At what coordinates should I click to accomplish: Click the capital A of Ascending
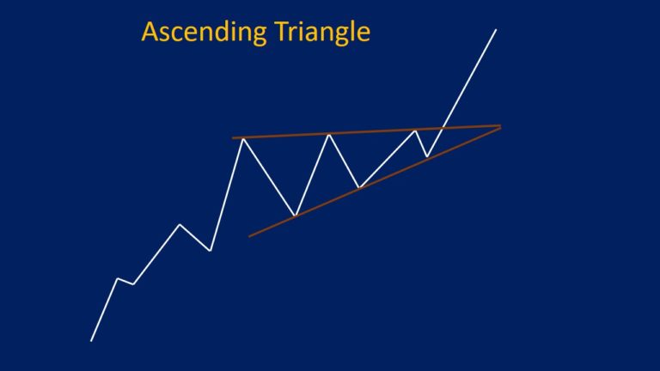(x=150, y=32)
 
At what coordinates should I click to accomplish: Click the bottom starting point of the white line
(x=91, y=341)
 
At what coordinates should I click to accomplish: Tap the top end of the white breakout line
(x=496, y=30)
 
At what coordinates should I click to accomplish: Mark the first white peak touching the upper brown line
(x=243, y=137)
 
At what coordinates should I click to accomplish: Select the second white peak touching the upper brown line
(x=328, y=134)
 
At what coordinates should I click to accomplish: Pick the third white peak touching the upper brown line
(x=416, y=131)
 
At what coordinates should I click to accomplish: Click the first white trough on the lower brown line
(x=295, y=216)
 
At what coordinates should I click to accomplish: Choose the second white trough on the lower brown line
(x=360, y=187)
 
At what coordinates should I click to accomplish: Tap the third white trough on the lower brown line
(x=427, y=157)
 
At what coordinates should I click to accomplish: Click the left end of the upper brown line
(x=233, y=137)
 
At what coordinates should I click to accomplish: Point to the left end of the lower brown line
(x=249, y=235)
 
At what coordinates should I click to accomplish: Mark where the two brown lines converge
(x=500, y=127)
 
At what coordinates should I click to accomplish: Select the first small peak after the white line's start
(x=117, y=278)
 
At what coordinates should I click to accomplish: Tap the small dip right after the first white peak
(x=133, y=284)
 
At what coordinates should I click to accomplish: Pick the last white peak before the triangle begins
(x=179, y=225)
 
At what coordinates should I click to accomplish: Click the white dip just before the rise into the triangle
(x=211, y=251)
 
